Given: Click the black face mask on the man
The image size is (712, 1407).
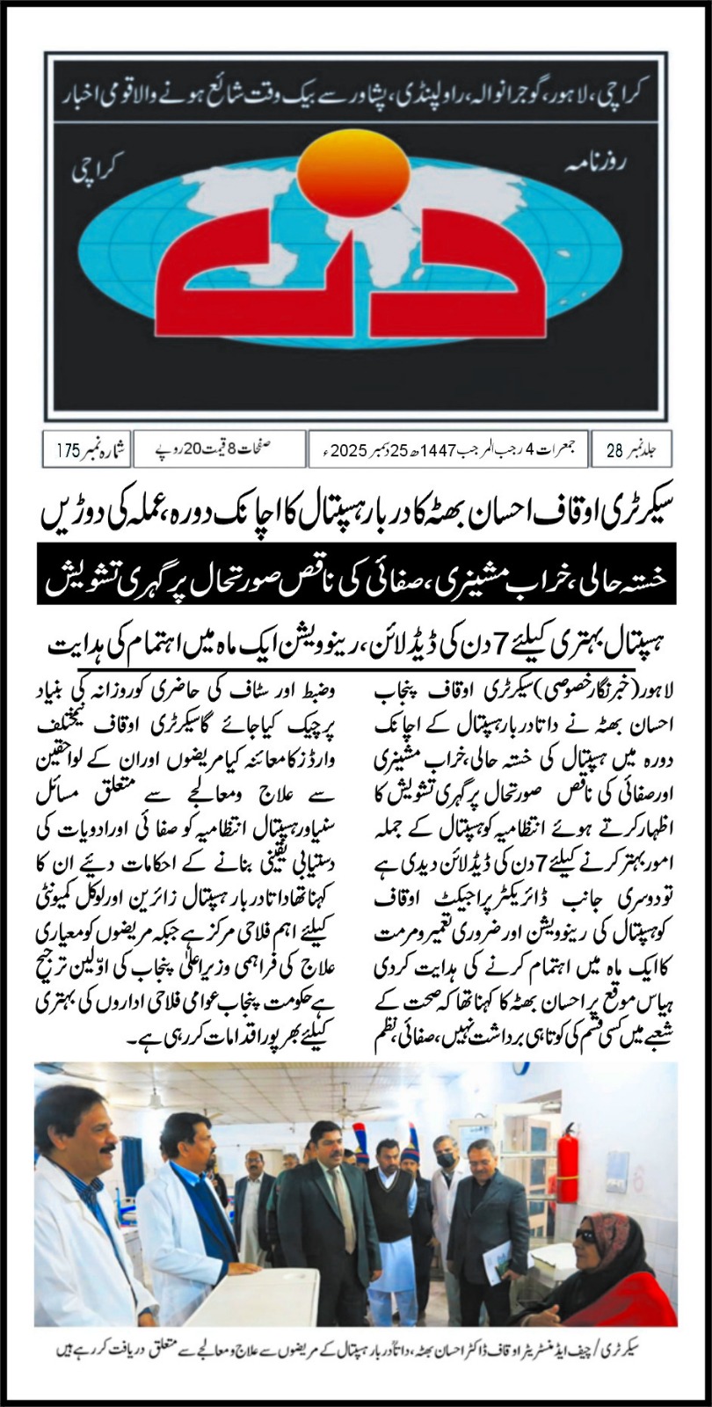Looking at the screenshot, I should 447,1160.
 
